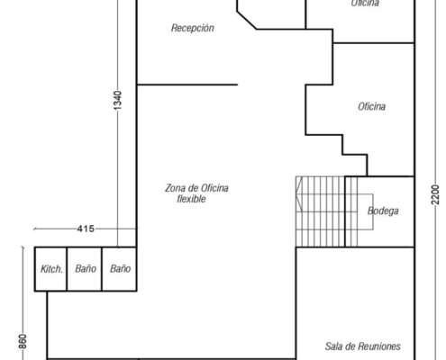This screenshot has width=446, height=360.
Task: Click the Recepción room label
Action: tap(193, 28)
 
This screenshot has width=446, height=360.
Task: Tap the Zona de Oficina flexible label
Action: tap(196, 193)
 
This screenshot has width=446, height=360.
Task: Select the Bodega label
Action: tap(383, 211)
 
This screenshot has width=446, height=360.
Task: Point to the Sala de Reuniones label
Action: tap(362, 346)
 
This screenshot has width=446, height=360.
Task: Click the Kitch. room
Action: tap(50, 269)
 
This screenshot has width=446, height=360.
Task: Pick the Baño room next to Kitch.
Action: tap(85, 269)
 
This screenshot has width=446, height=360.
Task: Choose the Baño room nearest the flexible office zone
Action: tap(119, 269)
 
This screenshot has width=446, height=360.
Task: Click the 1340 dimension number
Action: tap(118, 100)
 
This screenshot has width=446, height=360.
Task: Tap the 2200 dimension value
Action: tap(435, 194)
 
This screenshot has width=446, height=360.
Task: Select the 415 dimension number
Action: tap(86, 229)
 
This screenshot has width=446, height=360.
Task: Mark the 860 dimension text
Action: tap(23, 341)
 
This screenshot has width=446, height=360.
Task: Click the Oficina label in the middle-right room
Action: tap(371, 106)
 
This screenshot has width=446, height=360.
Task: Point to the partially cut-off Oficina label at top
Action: tap(365, 3)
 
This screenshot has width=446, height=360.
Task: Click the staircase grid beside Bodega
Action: tap(327, 211)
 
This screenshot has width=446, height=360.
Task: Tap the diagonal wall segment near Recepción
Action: tap(247, 21)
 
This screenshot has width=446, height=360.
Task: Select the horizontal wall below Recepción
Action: tap(187, 85)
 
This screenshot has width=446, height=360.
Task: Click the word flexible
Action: tap(191, 199)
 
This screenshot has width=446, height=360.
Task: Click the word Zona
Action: tap(175, 188)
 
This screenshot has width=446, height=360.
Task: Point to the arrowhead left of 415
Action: tap(35, 229)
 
